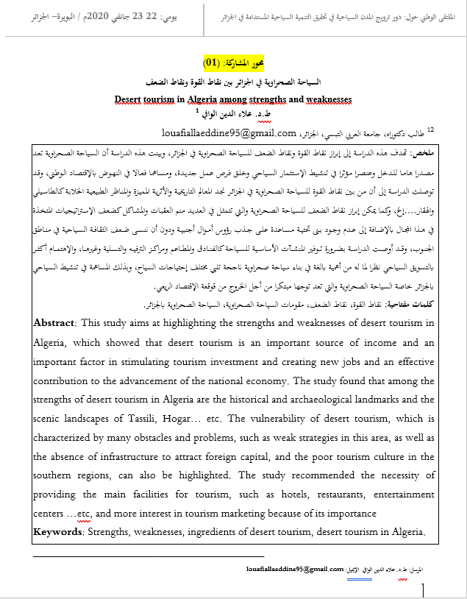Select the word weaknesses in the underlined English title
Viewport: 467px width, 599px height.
point(318,99)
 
